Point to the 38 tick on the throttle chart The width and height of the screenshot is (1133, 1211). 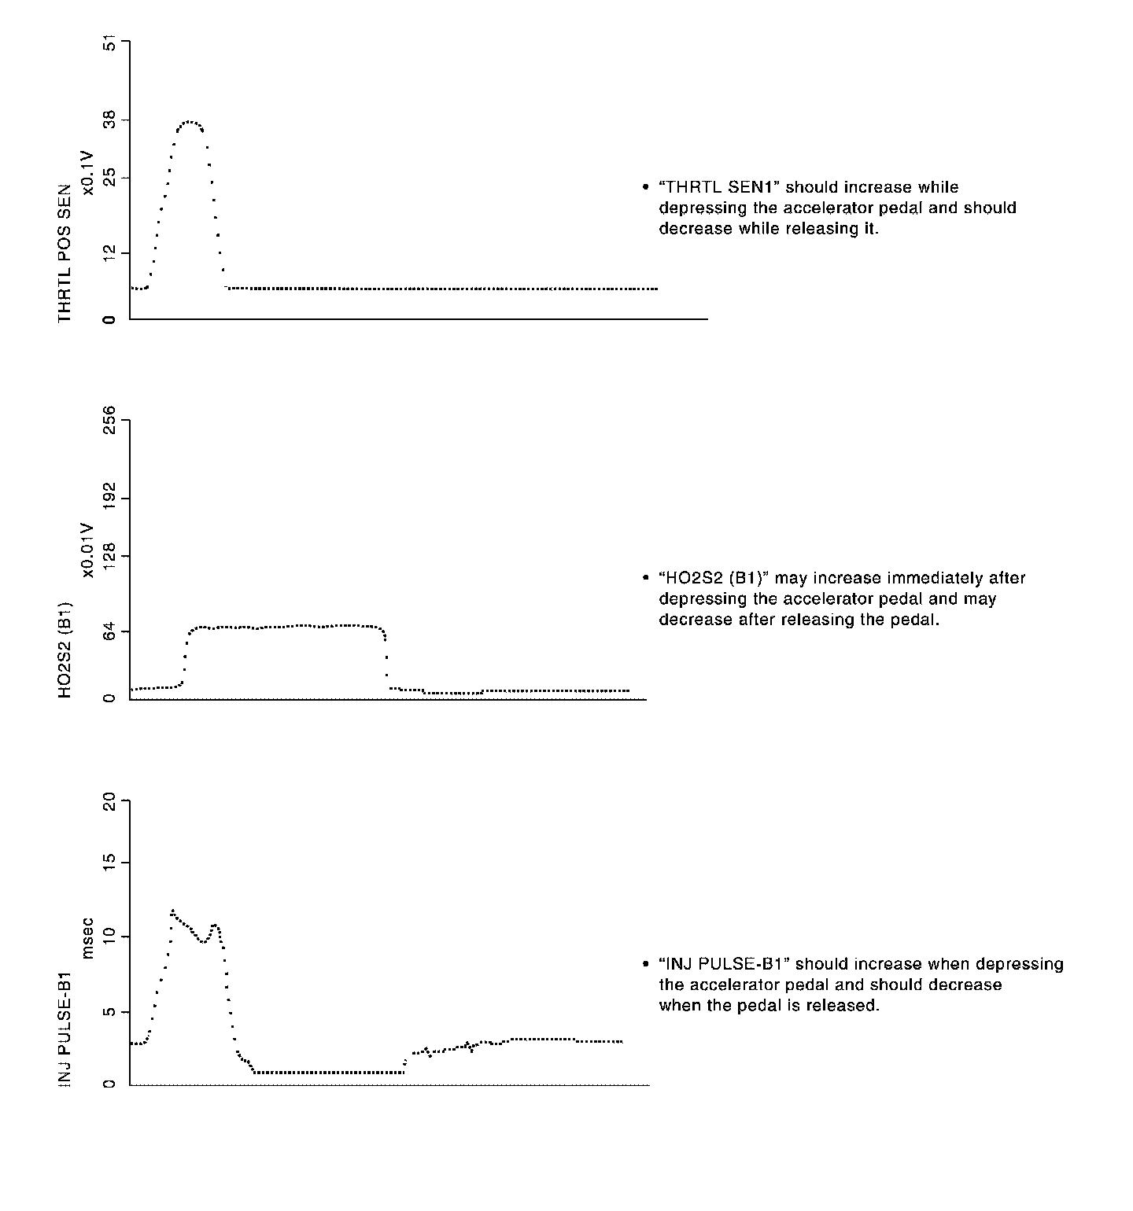pyautogui.click(x=109, y=120)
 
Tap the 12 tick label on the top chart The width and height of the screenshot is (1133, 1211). pyautogui.click(x=109, y=252)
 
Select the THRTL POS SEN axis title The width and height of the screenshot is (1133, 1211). pyautogui.click(x=65, y=253)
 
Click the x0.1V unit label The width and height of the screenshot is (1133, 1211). pyautogui.click(x=88, y=171)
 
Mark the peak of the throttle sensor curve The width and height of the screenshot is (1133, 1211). pyautogui.click(x=189, y=121)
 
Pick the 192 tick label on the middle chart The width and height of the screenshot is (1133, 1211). pyautogui.click(x=109, y=498)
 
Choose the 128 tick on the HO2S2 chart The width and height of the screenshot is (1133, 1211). pyautogui.click(x=109, y=557)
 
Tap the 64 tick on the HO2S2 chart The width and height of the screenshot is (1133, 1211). pyautogui.click(x=109, y=631)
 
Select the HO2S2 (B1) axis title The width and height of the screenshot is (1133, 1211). pyautogui.click(x=65, y=650)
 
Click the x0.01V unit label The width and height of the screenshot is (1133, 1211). pyautogui.click(x=88, y=550)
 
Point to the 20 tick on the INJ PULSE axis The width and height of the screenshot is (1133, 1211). pyautogui.click(x=109, y=802)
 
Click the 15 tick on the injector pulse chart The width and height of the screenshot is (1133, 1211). pyautogui.click(x=109, y=863)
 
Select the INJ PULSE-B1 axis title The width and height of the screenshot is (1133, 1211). pyautogui.click(x=65, y=1030)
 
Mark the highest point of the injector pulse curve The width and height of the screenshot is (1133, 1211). pyautogui.click(x=172, y=911)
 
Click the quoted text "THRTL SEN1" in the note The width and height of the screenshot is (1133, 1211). pyautogui.click(x=718, y=188)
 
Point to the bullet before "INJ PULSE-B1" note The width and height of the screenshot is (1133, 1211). pyautogui.click(x=645, y=965)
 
